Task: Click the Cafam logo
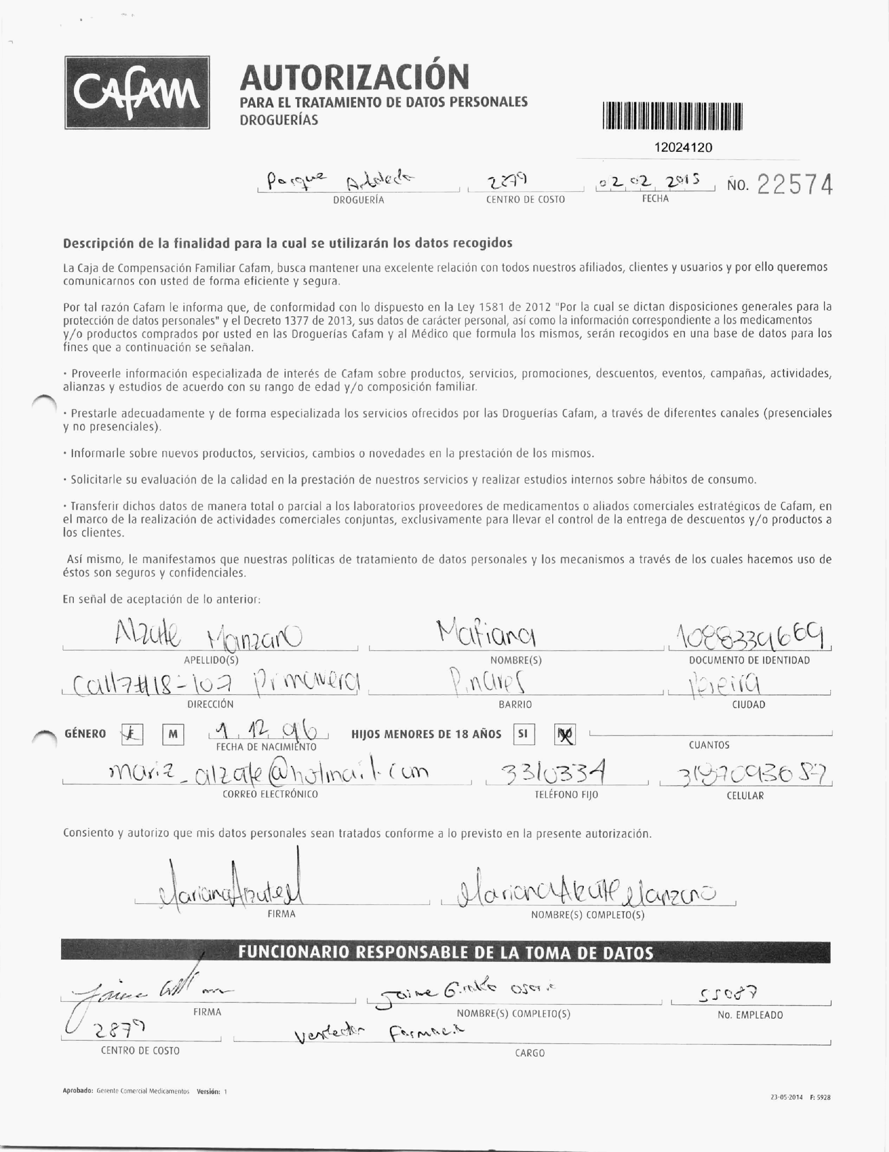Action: (x=137, y=92)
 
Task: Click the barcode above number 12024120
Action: (x=672, y=116)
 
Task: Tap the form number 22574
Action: (x=795, y=185)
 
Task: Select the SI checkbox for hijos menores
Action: (x=524, y=734)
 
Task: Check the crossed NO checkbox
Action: (x=565, y=734)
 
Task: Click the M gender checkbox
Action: (x=173, y=734)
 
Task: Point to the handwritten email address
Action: (x=268, y=773)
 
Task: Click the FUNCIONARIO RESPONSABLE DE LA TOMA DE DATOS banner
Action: (x=446, y=953)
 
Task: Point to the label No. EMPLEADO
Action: (x=750, y=1015)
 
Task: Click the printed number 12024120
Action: (x=683, y=148)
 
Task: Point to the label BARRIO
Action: (x=515, y=704)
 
